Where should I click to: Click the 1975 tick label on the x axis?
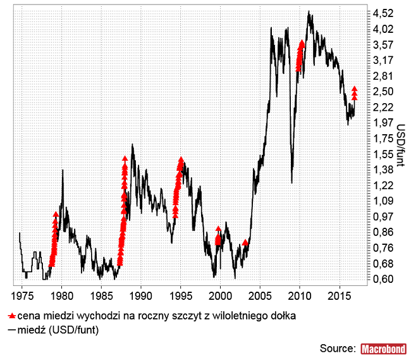point(21,295)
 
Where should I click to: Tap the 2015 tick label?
point(340,295)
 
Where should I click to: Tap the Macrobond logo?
point(383,348)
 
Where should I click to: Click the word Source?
point(338,348)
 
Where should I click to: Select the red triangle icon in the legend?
point(11,315)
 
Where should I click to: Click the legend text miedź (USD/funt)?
point(58,330)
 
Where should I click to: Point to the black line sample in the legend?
point(11,330)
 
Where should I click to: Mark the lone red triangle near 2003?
point(245,242)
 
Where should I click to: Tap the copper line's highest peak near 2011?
point(309,11)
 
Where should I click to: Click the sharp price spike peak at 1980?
point(63,170)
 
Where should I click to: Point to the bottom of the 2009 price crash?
point(291,183)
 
